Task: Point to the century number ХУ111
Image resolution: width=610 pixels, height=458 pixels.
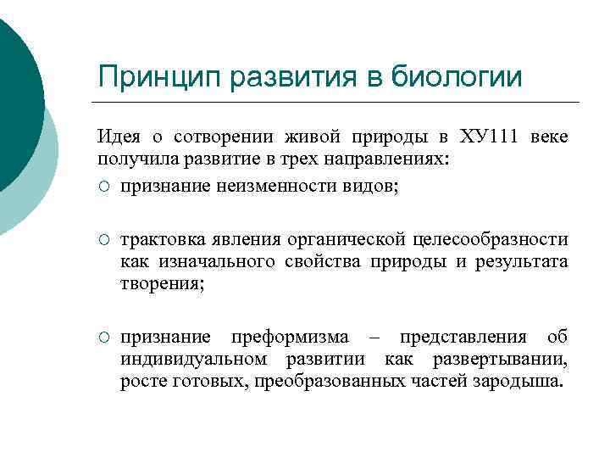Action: (493, 137)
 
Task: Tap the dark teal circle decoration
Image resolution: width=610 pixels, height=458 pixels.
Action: (13, 93)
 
